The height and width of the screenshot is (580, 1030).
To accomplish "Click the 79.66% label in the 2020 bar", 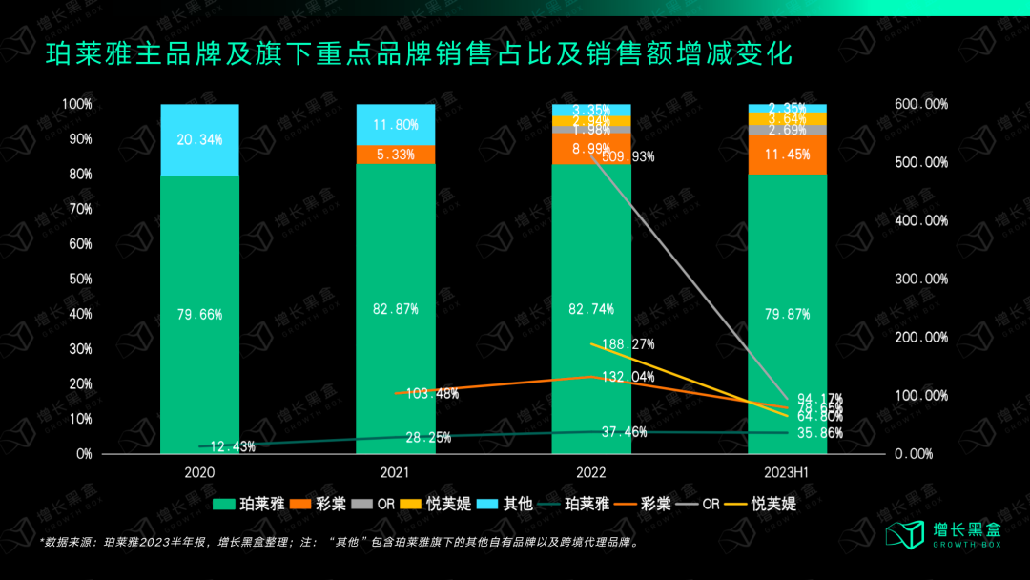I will tap(199, 314).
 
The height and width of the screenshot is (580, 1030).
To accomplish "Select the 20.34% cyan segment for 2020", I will tap(199, 139).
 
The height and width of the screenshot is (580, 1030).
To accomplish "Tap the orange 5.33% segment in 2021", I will tap(395, 155).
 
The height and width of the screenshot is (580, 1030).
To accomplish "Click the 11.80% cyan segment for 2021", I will tap(395, 124).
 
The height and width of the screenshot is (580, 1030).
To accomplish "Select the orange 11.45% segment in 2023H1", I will tap(787, 155).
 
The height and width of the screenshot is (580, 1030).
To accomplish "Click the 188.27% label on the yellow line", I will tap(628, 344).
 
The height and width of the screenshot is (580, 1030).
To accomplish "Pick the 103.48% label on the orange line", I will tap(433, 394).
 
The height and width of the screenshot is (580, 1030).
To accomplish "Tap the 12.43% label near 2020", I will tap(232, 446).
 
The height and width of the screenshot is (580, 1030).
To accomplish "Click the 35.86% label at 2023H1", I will tap(819, 432).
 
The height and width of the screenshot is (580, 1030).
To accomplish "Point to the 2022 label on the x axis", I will tap(590, 472).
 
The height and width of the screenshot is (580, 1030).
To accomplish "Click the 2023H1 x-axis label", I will tap(787, 472).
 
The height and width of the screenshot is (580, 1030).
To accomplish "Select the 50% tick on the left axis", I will tap(78, 279).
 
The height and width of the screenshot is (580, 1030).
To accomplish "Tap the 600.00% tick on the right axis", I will tap(921, 104).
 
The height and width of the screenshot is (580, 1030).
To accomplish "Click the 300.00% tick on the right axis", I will tap(921, 279).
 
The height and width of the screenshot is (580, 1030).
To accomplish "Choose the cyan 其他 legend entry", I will tap(505, 504).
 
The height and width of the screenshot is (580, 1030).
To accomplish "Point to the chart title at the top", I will tap(419, 54).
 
